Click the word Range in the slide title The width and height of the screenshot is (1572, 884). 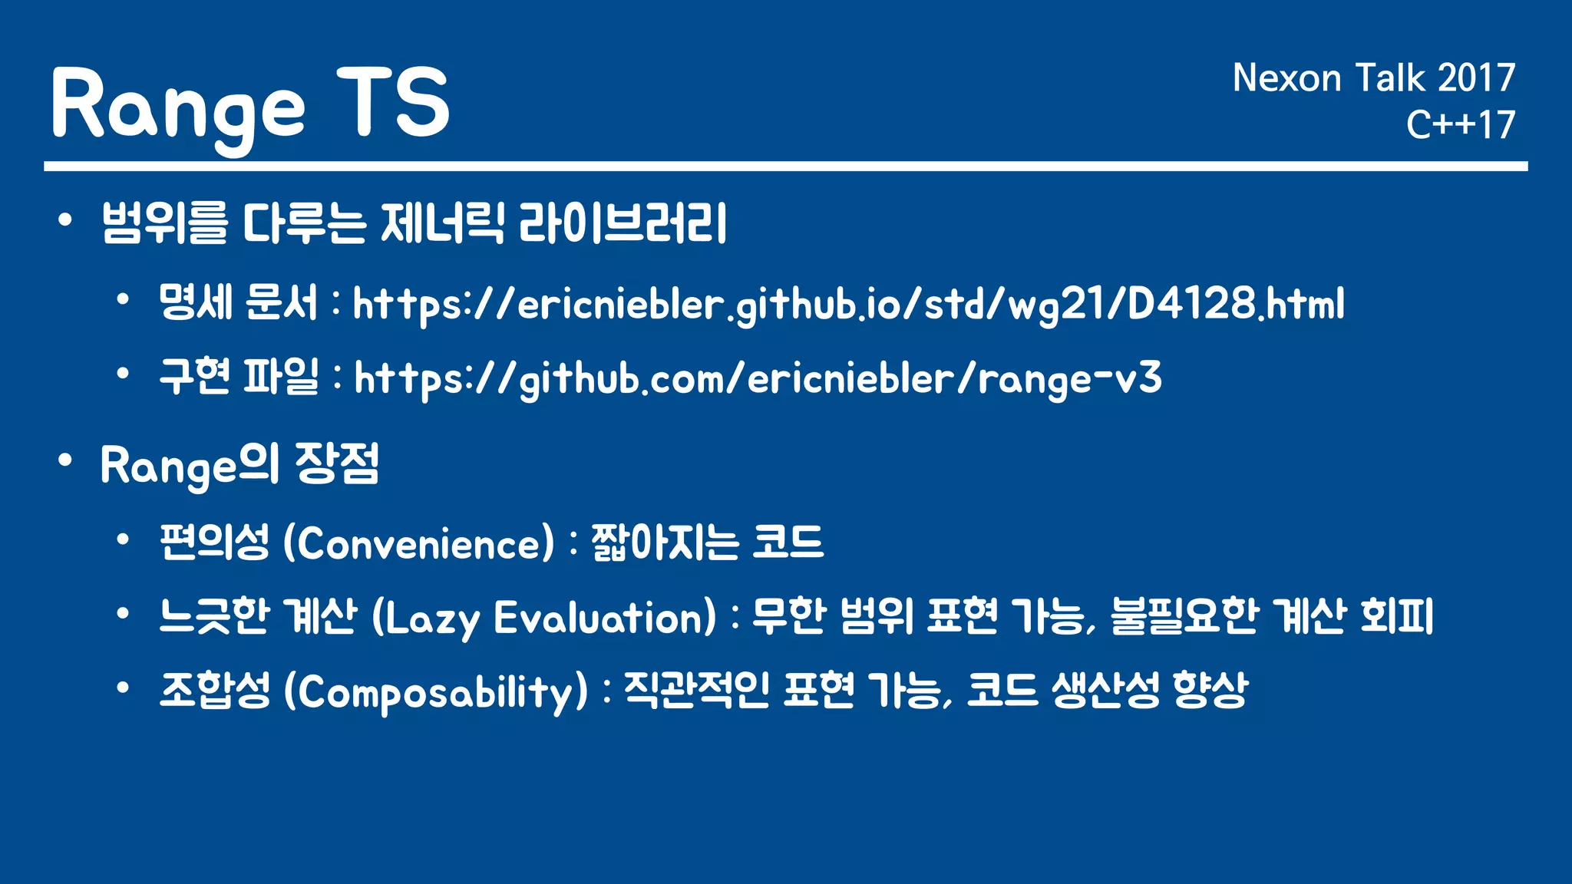click(x=178, y=105)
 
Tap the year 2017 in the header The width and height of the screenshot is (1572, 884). click(x=1476, y=78)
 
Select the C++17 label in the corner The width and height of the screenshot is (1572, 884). click(x=1460, y=124)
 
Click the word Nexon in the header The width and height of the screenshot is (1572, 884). click(x=1286, y=78)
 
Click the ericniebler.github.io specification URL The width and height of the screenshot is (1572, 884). click(x=848, y=305)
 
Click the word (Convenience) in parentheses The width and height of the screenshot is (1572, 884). click(x=418, y=543)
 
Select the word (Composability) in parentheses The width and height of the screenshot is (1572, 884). click(x=435, y=692)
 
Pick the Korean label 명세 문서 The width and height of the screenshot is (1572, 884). click(x=238, y=302)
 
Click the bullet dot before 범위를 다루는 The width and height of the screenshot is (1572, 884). click(x=65, y=221)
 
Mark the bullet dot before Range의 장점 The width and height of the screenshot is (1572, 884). click(x=65, y=460)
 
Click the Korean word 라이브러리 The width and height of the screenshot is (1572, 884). click(x=623, y=223)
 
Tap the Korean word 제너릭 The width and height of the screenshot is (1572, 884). click(x=442, y=223)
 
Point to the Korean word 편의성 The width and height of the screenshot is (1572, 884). click(x=214, y=542)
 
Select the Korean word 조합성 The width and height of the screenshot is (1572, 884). click(x=214, y=690)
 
